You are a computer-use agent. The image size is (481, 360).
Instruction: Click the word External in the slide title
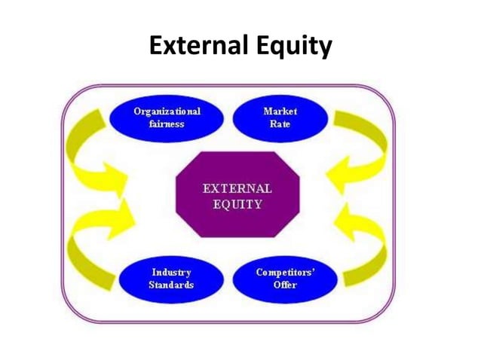coord(192,47)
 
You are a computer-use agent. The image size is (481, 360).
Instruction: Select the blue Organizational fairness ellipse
coord(167,117)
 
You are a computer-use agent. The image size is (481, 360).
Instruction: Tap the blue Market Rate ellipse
coord(280,117)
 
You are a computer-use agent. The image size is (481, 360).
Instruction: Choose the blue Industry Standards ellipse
coord(171,278)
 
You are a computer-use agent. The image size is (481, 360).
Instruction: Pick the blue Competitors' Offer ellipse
coord(285,278)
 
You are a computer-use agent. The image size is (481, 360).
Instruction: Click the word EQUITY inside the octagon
coord(237,204)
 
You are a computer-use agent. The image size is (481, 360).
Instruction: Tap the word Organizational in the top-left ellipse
coord(167,111)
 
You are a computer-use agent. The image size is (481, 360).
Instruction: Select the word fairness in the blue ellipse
coord(167,124)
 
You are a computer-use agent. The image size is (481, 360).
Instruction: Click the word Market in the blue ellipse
coord(280,111)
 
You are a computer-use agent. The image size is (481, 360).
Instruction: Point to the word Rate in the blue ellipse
coord(280,124)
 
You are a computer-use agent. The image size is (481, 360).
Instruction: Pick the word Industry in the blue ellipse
coord(171,272)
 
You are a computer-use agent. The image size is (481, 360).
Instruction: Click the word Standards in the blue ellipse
coord(171,285)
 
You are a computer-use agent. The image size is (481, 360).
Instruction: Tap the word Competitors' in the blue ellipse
coord(285,272)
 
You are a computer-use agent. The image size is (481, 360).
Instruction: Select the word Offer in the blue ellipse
coord(285,285)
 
